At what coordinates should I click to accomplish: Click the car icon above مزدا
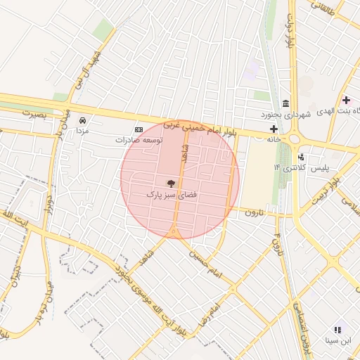[x=83, y=120]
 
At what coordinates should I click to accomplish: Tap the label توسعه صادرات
[x=139, y=141]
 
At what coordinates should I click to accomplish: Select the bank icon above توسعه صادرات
[x=139, y=129]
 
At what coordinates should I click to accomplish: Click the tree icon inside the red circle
[x=172, y=183]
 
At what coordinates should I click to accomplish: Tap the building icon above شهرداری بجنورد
[x=285, y=103]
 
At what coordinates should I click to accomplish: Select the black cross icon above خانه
[x=274, y=129]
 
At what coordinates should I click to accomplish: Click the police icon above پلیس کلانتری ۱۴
[x=301, y=157]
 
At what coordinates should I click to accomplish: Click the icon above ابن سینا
[x=337, y=329]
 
